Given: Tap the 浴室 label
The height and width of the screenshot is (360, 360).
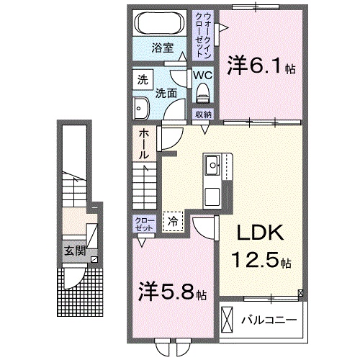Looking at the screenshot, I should click(162, 48).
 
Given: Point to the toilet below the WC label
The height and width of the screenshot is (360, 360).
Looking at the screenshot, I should click(203, 91).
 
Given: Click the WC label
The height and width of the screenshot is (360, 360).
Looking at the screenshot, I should click(202, 75).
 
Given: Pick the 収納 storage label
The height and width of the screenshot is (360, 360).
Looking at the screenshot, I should click(203, 114).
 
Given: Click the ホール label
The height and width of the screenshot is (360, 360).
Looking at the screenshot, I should click(143, 144).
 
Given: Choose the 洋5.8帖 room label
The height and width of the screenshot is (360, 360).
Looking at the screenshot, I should click(172, 294).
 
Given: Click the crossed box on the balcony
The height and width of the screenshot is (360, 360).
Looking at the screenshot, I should click(228, 318).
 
